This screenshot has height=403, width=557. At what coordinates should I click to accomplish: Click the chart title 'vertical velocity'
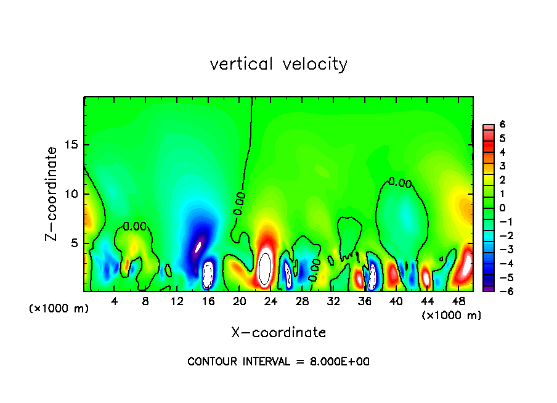pos(278,64)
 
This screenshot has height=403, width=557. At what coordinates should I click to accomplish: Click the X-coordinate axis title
pos(278,333)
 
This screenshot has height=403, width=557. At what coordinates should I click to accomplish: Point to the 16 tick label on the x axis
pos(208,301)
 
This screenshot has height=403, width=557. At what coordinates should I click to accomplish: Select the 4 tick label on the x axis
pos(115,301)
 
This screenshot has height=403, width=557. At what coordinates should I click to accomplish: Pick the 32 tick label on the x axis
pos(333,301)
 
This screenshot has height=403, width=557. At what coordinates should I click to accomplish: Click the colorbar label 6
pos(502,124)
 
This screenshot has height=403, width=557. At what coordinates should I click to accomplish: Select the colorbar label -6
pos(500,291)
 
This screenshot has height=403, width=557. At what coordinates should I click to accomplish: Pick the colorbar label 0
pos(502,208)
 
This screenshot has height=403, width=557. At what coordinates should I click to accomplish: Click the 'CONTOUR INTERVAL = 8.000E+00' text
pos(278,362)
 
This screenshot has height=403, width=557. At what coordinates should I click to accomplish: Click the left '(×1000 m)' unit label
pos(59,309)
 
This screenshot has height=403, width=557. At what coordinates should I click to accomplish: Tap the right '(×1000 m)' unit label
pos(452,315)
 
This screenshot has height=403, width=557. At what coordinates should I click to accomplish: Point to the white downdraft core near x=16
pos(208,274)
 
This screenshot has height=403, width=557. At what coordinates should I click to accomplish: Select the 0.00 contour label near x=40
pos(400,182)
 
